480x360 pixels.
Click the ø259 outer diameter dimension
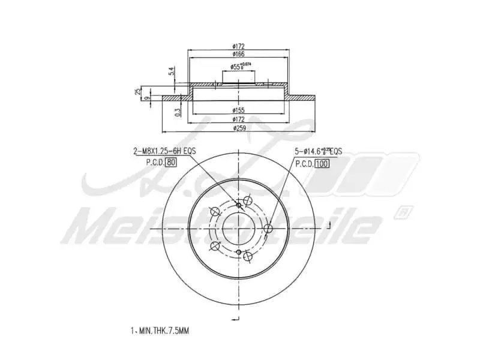pyautogui.click(x=239, y=128)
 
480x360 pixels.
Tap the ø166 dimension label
pyautogui.click(x=239, y=55)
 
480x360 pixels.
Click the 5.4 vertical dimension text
pyautogui.click(x=172, y=71)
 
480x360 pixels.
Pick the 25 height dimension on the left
pyautogui.click(x=138, y=92)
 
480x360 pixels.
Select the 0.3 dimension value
pyautogui.click(x=178, y=112)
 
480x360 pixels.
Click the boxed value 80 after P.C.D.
pyautogui.click(x=170, y=163)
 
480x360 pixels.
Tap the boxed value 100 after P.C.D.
pyautogui.click(x=322, y=163)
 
